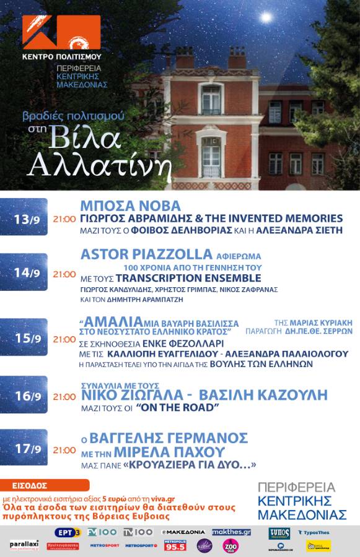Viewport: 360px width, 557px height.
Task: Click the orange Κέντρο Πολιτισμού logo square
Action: [61, 34]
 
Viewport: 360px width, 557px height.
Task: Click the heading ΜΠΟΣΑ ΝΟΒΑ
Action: [131, 206]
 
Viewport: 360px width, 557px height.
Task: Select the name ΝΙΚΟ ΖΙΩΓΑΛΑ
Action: [133, 396]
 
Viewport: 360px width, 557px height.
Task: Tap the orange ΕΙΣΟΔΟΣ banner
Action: [45, 485]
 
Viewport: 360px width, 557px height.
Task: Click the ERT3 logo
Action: [68, 532]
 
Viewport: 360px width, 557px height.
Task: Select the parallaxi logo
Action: [24, 545]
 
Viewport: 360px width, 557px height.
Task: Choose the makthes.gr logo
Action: [231, 532]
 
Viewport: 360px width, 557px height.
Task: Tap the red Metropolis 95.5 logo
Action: [175, 545]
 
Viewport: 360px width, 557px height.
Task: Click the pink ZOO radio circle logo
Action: [231, 546]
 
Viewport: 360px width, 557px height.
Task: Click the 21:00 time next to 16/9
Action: [64, 397]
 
